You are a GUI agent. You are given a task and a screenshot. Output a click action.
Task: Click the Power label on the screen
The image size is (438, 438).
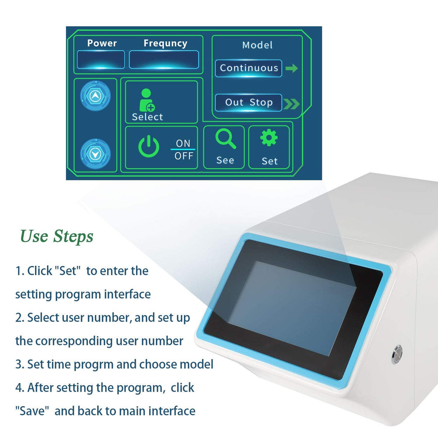coord(102,43)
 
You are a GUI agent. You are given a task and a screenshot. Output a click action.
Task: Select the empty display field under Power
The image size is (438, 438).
coord(101,59)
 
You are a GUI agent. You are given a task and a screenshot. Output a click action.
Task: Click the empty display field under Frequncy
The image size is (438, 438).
coord(164,59)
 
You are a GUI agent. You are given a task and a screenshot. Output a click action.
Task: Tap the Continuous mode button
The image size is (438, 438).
coord(249,68)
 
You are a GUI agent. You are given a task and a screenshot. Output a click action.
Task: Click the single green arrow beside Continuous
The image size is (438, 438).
coord(292,68)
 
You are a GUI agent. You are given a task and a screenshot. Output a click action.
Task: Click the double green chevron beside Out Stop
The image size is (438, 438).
coord(292,104)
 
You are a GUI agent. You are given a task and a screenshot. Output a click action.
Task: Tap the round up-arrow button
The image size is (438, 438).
coord(96,96)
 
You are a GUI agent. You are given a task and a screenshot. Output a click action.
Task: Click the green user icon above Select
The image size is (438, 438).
coord(147,100)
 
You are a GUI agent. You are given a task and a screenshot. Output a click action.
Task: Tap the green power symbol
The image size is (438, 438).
coord(149,146)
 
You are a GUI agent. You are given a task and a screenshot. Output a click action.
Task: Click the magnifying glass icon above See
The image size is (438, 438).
coord(226,139)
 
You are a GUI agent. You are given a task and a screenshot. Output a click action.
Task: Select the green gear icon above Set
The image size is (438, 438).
coord(269,137)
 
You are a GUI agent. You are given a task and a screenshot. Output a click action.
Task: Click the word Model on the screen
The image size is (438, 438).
coord(257,45)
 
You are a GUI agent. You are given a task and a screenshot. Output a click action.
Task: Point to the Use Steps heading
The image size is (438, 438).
coord(57,237)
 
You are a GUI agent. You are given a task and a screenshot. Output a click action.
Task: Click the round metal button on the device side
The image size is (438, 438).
coord(397,354)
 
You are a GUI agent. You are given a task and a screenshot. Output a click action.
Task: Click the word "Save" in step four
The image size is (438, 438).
coord(32,411)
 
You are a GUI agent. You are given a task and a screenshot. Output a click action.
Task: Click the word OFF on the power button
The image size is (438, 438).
coord(184,156)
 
